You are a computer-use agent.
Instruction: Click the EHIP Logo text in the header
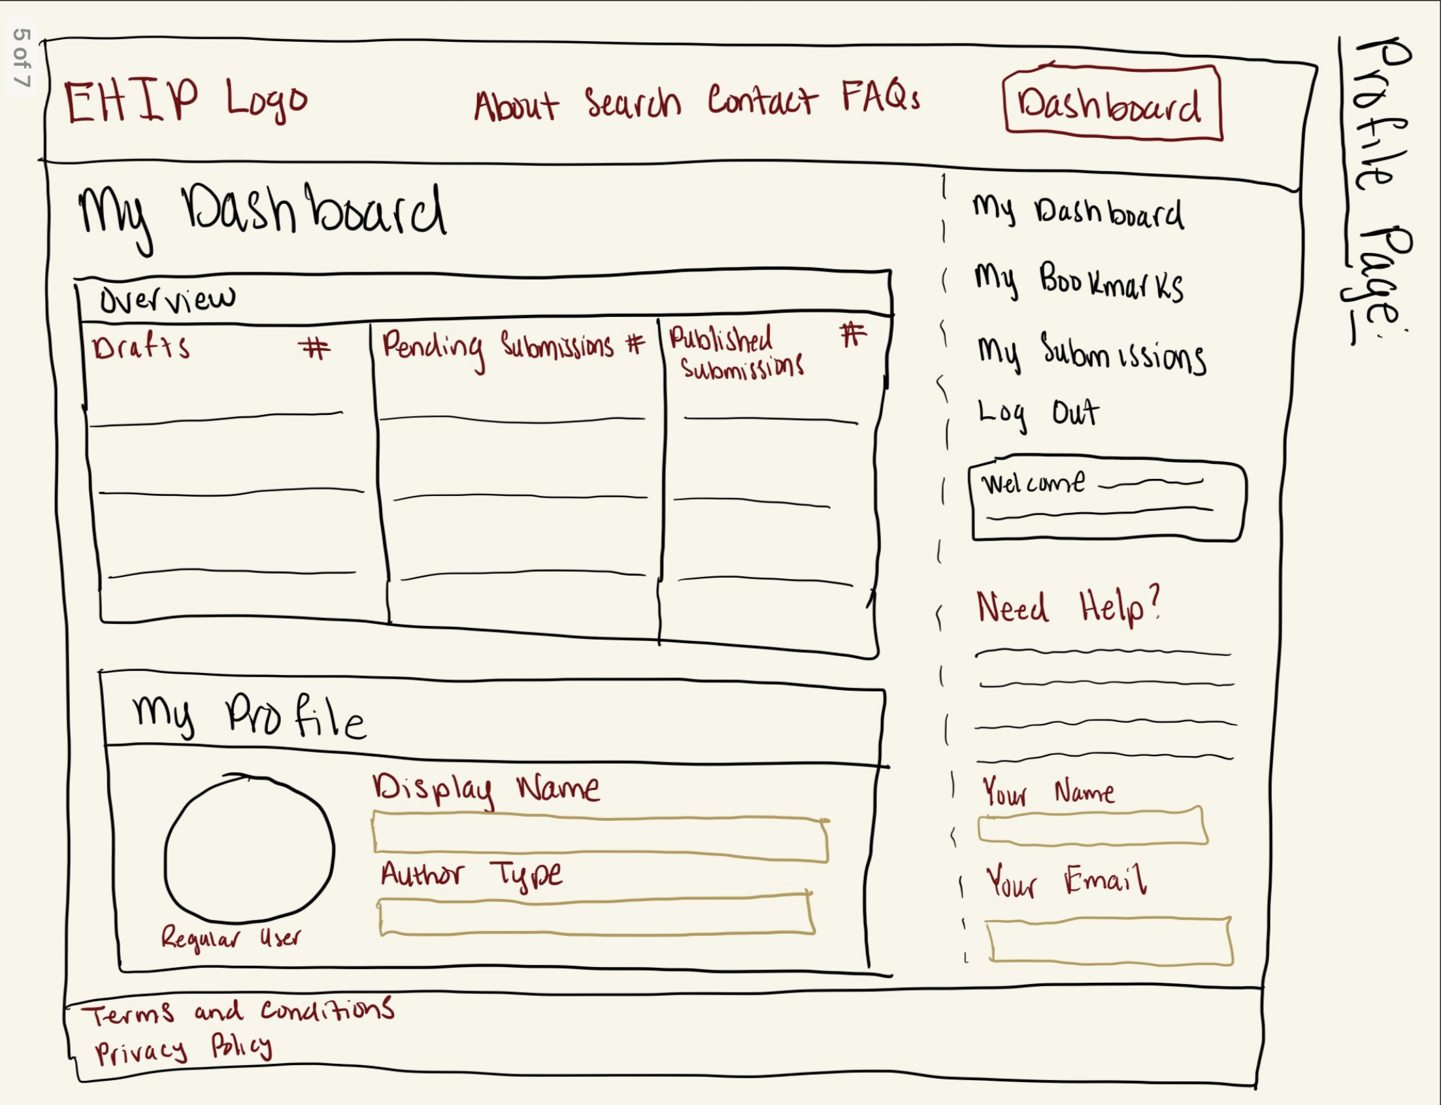[x=186, y=101]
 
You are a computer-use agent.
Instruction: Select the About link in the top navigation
[x=516, y=105]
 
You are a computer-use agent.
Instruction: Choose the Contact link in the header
[x=762, y=100]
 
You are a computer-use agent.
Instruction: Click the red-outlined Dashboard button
[x=1112, y=103]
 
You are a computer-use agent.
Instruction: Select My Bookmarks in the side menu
[x=1078, y=282]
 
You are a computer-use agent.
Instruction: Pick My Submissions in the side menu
[x=1091, y=354]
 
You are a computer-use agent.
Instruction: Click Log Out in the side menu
[x=1037, y=414]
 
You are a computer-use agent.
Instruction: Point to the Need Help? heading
[x=1067, y=606]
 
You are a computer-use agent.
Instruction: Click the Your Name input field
[x=1093, y=826]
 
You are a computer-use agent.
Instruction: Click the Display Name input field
[x=601, y=838]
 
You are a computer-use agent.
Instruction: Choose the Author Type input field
[x=597, y=914]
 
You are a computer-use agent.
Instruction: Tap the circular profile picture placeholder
[x=249, y=848]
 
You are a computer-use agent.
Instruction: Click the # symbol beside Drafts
[x=314, y=348]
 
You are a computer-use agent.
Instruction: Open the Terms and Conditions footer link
[x=238, y=1011]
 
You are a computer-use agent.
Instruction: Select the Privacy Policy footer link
[x=184, y=1047]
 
